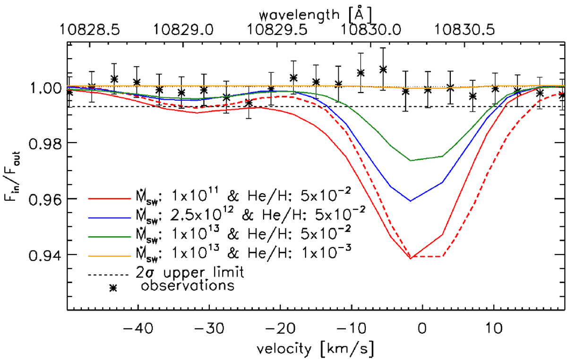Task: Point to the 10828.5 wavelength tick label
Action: [x=88, y=30]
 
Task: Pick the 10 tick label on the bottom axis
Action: [x=494, y=326]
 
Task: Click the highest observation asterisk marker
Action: [x=383, y=69]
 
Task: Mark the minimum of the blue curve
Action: [x=411, y=201]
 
